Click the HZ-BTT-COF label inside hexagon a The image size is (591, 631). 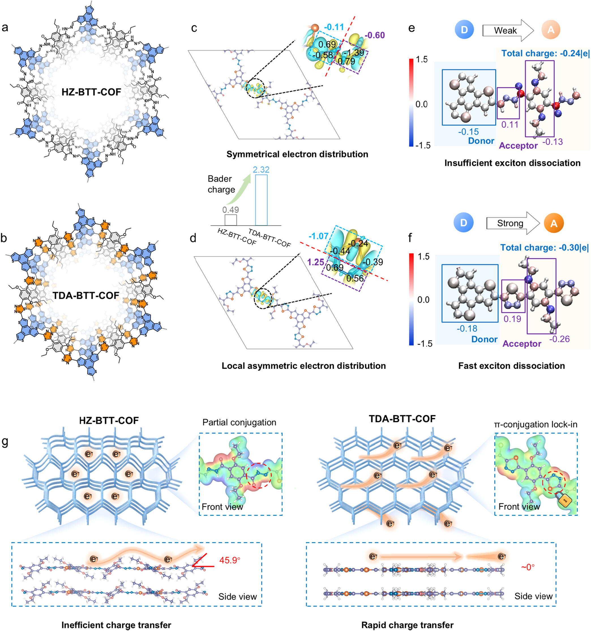[91, 92]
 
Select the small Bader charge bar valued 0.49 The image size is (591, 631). [231, 220]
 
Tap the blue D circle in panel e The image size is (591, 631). [464, 30]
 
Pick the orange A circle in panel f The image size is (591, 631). [554, 223]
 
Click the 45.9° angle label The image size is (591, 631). [230, 560]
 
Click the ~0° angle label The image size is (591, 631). [528, 567]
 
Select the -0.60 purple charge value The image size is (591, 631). [375, 35]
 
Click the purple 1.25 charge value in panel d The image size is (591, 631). [316, 262]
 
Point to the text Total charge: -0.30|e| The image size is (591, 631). [544, 247]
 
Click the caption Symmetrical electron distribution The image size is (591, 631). [297, 154]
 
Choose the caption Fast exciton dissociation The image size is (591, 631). [511, 366]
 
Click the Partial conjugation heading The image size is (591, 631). [239, 422]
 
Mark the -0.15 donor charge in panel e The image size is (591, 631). [468, 132]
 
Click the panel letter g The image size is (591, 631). [5, 442]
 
